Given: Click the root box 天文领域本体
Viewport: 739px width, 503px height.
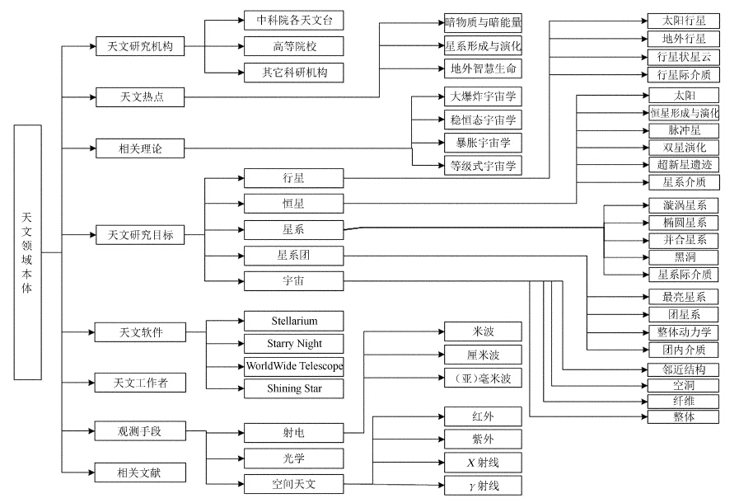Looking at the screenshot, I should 27,252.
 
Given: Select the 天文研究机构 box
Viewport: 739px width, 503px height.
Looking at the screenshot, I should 139,45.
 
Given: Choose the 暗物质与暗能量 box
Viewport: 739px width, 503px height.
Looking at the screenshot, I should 482,22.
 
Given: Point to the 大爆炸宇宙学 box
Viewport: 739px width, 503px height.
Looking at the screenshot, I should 482,96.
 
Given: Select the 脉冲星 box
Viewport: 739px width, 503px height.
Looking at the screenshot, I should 684,130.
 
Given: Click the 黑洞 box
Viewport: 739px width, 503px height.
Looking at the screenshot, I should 684,257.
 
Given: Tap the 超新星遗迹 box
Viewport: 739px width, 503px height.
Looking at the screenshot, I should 684,165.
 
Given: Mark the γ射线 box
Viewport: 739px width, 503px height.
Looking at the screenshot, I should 482,486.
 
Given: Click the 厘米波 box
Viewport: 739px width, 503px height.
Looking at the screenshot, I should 482,355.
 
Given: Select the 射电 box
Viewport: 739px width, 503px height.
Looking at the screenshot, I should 293,431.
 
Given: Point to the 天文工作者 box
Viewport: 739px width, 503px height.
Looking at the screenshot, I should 139,383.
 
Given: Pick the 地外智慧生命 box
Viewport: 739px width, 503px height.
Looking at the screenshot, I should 482,68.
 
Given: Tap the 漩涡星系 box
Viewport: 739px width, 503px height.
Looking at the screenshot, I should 684,205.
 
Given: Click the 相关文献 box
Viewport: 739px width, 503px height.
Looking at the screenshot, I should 139,472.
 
